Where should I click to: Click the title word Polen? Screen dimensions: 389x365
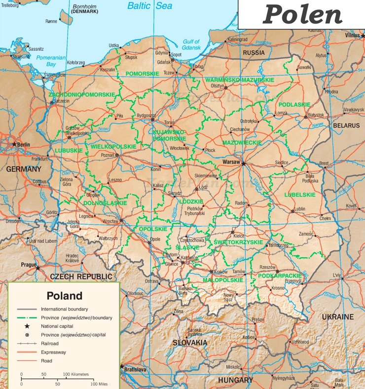[302, 15]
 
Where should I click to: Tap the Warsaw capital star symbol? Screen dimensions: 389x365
[243, 162]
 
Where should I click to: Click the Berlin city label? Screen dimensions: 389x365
[23, 144]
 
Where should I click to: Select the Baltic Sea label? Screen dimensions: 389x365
[150, 6]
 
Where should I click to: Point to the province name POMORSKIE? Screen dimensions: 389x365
[142, 73]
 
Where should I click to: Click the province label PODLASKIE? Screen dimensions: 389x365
[294, 105]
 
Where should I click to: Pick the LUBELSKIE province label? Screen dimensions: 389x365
[299, 195]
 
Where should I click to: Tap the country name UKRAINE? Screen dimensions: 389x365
[338, 317]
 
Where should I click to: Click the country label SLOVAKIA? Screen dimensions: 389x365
[189, 342]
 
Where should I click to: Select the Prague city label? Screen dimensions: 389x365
[29, 265]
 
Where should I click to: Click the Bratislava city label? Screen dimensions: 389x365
[135, 369]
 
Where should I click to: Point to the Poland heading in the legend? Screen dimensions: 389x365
[64, 296]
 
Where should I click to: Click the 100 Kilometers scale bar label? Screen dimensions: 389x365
[76, 374]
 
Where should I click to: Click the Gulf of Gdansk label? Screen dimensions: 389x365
[191, 44]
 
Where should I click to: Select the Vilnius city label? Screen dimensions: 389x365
[353, 36]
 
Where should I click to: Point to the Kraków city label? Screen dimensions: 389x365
[221, 272]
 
